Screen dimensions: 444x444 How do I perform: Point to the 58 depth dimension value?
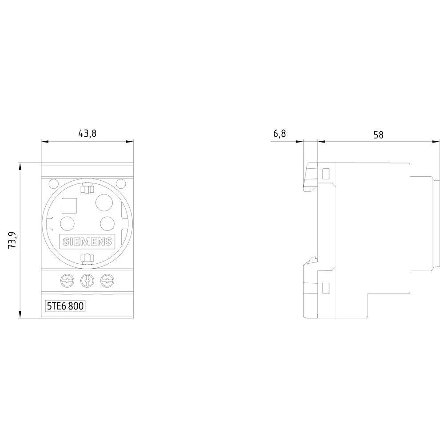click(x=378, y=135)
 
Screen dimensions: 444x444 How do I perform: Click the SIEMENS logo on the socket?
click(x=87, y=242)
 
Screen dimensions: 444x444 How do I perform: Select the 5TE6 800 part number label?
click(x=66, y=306)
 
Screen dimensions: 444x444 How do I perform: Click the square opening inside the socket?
click(x=69, y=206)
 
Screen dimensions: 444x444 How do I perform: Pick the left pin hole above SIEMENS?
click(x=67, y=223)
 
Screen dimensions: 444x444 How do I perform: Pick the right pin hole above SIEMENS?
click(x=107, y=222)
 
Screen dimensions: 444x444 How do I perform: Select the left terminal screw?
click(x=67, y=281)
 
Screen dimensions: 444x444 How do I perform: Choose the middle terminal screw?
click(x=87, y=281)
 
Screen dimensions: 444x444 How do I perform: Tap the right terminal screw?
click(x=107, y=281)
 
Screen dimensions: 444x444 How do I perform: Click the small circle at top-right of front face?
click(x=120, y=183)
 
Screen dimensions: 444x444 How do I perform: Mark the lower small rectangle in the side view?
click(x=325, y=289)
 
